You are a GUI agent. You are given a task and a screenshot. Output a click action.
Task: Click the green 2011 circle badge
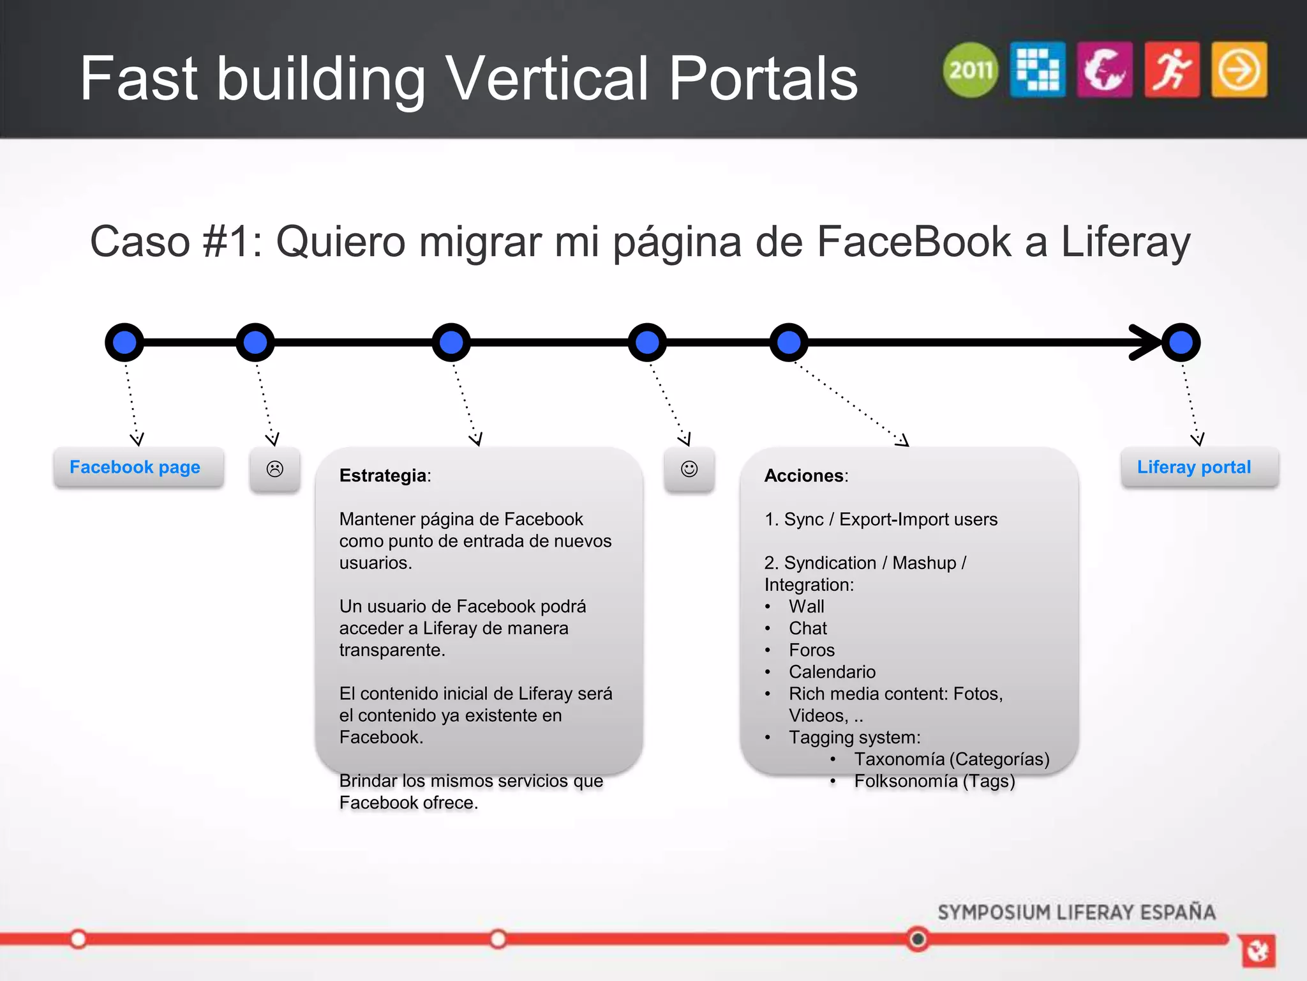(x=970, y=70)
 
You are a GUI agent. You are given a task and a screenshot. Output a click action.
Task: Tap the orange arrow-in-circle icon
(x=1239, y=70)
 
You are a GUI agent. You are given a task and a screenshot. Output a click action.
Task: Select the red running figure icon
(x=1172, y=70)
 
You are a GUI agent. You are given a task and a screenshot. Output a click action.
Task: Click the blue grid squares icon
(x=1038, y=70)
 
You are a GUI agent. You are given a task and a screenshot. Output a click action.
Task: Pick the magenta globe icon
(x=1105, y=70)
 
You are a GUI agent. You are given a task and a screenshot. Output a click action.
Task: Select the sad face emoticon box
(x=274, y=469)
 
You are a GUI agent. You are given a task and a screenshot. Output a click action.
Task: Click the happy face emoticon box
(x=689, y=469)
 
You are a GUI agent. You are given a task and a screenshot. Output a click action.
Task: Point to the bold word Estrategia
(x=383, y=476)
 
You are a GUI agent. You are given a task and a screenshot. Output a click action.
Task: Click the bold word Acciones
(x=804, y=476)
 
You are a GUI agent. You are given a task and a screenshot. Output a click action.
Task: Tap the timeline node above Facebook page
(x=124, y=342)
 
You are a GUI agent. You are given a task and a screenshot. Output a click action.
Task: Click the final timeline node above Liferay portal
(x=1181, y=342)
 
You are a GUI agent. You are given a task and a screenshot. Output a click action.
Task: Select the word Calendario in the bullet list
(x=832, y=672)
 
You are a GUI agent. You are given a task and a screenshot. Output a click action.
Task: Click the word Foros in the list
(x=811, y=650)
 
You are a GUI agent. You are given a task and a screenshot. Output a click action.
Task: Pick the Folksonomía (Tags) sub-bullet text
(x=934, y=781)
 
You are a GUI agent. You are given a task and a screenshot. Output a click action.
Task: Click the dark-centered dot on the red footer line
(x=918, y=939)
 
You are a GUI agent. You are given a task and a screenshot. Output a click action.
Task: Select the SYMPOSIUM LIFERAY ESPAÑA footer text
(x=1076, y=912)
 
